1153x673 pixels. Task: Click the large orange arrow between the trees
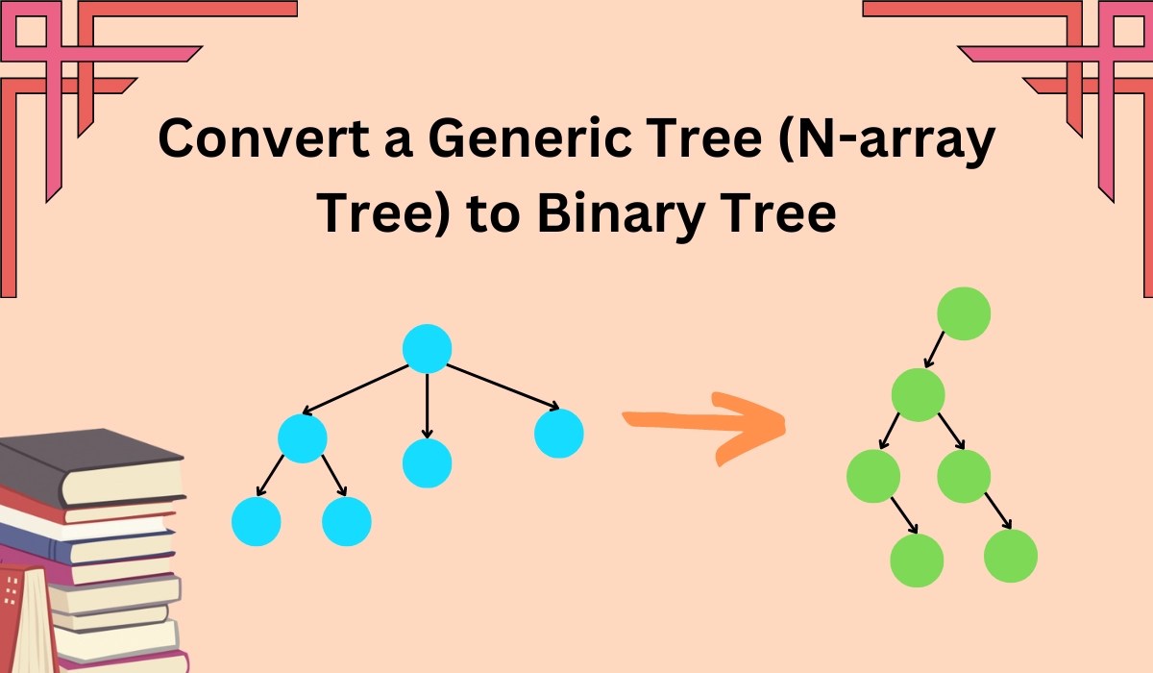(705, 423)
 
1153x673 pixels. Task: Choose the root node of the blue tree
(427, 348)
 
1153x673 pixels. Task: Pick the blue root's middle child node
(427, 462)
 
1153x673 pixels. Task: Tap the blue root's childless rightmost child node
(558, 433)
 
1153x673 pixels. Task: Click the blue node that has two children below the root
(303, 438)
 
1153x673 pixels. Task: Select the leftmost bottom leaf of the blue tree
(257, 522)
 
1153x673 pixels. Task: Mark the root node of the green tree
(963, 314)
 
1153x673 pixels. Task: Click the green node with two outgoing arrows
(918, 394)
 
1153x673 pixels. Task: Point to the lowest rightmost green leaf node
(1011, 556)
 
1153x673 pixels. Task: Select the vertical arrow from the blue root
(427, 405)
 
